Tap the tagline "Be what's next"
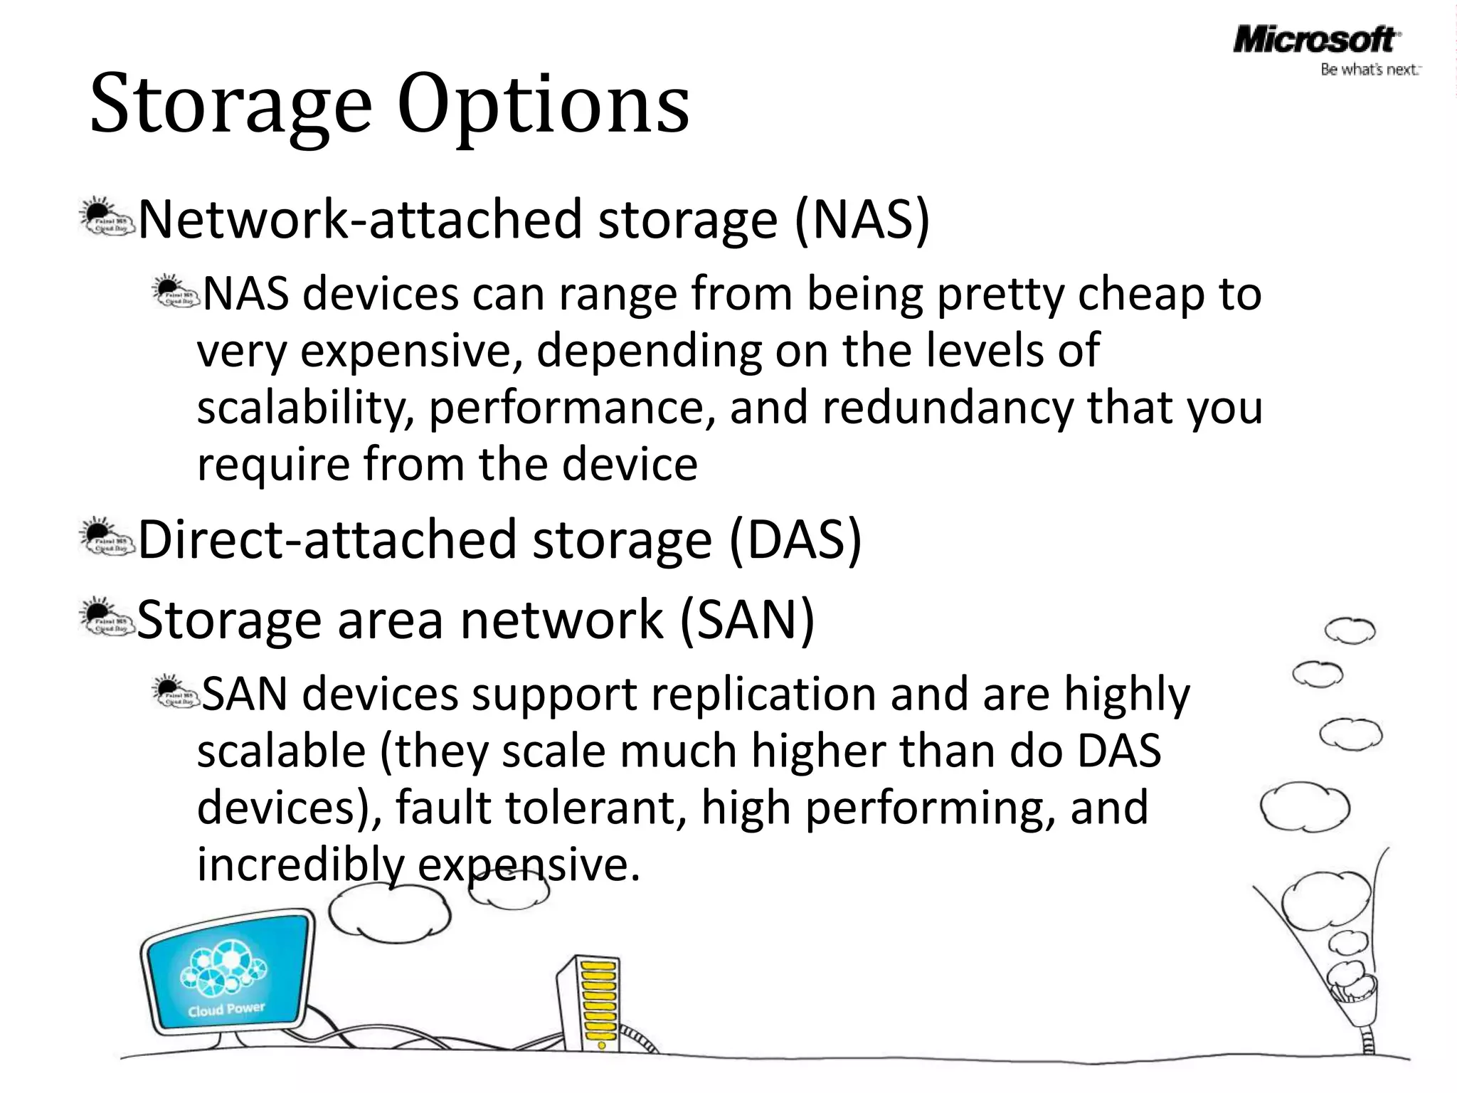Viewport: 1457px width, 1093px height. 1369,70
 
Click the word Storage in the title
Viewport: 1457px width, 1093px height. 231,105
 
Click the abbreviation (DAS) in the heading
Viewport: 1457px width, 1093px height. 795,540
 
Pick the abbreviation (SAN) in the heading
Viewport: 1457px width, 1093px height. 747,621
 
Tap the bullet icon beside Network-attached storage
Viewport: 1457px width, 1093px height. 105,218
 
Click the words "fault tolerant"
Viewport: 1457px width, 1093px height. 541,808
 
